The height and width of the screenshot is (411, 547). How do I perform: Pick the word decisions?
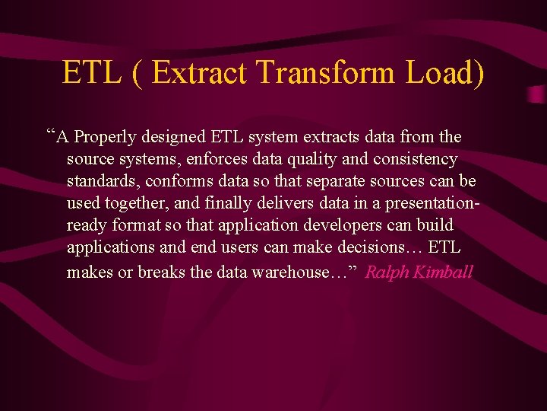click(381, 248)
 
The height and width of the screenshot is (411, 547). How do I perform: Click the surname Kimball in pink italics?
click(442, 272)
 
